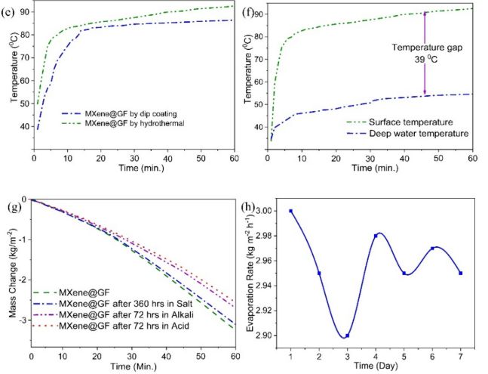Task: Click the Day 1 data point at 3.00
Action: click(x=290, y=211)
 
